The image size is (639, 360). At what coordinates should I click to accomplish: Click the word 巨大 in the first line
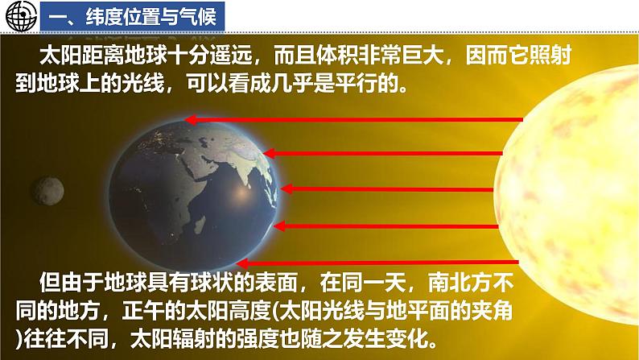click(416, 57)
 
